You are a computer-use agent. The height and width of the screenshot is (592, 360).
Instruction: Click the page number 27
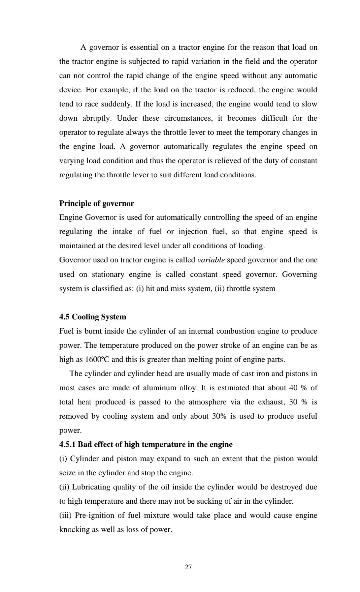point(188,567)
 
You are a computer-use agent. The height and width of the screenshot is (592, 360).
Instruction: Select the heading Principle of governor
point(96,203)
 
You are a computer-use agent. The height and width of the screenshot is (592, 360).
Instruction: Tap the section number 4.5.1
point(67,444)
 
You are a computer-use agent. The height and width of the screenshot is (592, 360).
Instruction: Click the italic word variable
point(211,260)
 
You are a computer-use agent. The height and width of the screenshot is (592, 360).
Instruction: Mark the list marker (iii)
point(65,515)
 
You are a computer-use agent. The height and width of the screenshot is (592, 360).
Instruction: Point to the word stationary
point(108,274)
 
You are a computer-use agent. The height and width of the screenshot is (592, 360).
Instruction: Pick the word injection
point(193,231)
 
